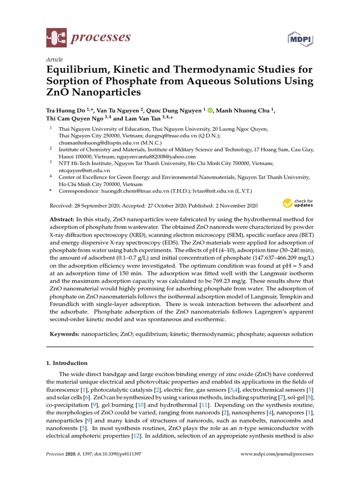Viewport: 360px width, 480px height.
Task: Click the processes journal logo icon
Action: [56, 38]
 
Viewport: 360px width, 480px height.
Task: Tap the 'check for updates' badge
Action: [297, 203]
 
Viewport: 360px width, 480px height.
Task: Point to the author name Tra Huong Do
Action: [67, 111]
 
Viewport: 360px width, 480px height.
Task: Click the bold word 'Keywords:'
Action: [65, 334]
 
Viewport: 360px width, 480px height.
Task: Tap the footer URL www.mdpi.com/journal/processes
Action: [277, 454]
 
